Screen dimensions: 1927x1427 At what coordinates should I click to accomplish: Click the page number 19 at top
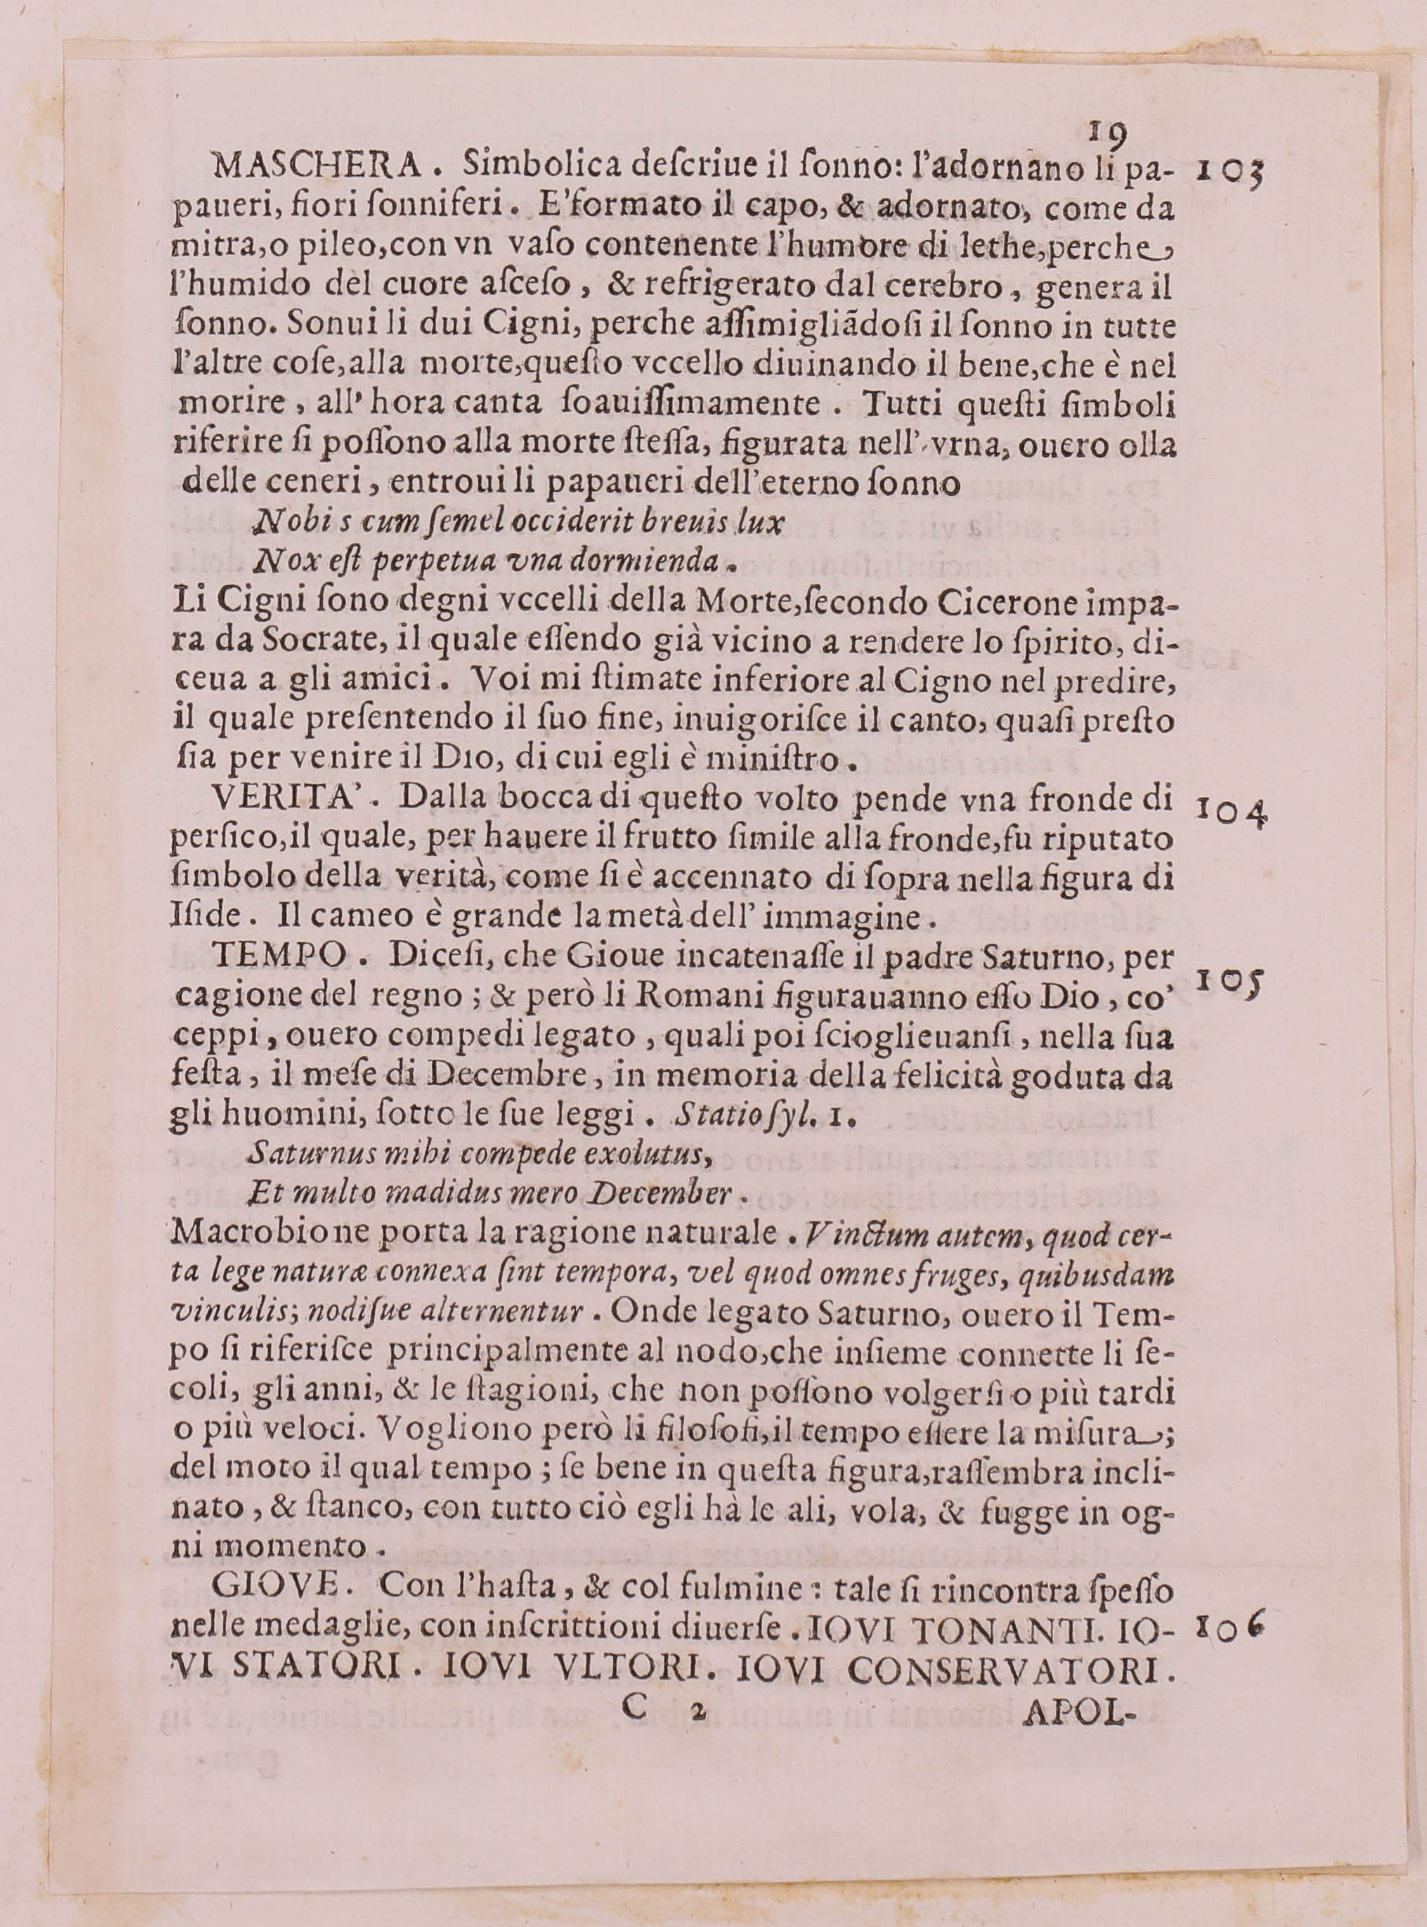pyautogui.click(x=1106, y=132)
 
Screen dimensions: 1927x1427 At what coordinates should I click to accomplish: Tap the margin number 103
pyautogui.click(x=1231, y=171)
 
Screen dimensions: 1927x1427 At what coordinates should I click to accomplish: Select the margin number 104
pyautogui.click(x=1231, y=813)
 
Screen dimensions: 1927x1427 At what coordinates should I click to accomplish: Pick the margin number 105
pyautogui.click(x=1228, y=979)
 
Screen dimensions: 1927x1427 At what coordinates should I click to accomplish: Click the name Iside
pyautogui.click(x=197, y=917)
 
